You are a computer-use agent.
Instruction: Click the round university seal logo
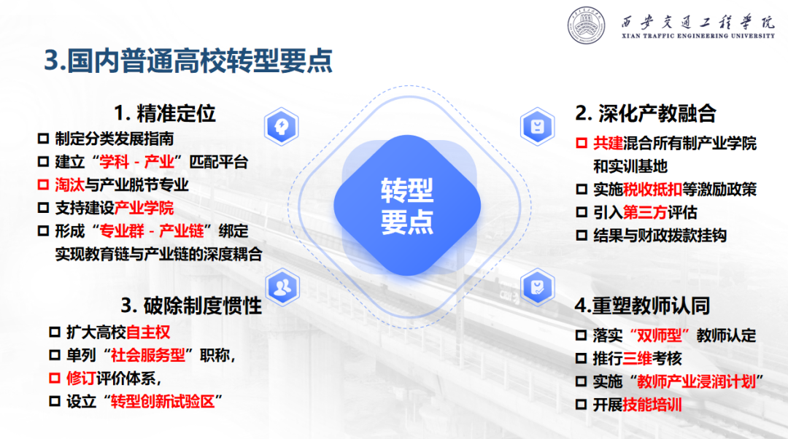586,25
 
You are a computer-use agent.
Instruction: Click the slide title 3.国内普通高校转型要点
188,61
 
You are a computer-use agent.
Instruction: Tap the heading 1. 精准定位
165,114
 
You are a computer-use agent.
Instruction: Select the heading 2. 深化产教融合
645,114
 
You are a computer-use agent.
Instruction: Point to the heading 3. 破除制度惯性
191,306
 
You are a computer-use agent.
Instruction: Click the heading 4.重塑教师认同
642,306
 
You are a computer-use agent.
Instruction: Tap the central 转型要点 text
407,206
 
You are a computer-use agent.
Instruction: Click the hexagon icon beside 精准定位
282,126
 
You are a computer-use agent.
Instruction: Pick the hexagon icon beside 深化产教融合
537,126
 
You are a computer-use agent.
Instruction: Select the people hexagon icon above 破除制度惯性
282,287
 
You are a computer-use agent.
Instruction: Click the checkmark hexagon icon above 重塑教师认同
537,287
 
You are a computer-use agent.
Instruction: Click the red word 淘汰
70,184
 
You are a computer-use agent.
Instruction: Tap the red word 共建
608,143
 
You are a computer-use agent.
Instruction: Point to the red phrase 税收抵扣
652,190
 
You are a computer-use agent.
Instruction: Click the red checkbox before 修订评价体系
54,378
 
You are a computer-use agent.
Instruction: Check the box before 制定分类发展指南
43,138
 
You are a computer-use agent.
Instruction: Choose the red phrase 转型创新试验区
163,401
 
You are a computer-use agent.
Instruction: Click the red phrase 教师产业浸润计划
697,381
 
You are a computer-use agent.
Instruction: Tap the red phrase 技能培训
652,405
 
